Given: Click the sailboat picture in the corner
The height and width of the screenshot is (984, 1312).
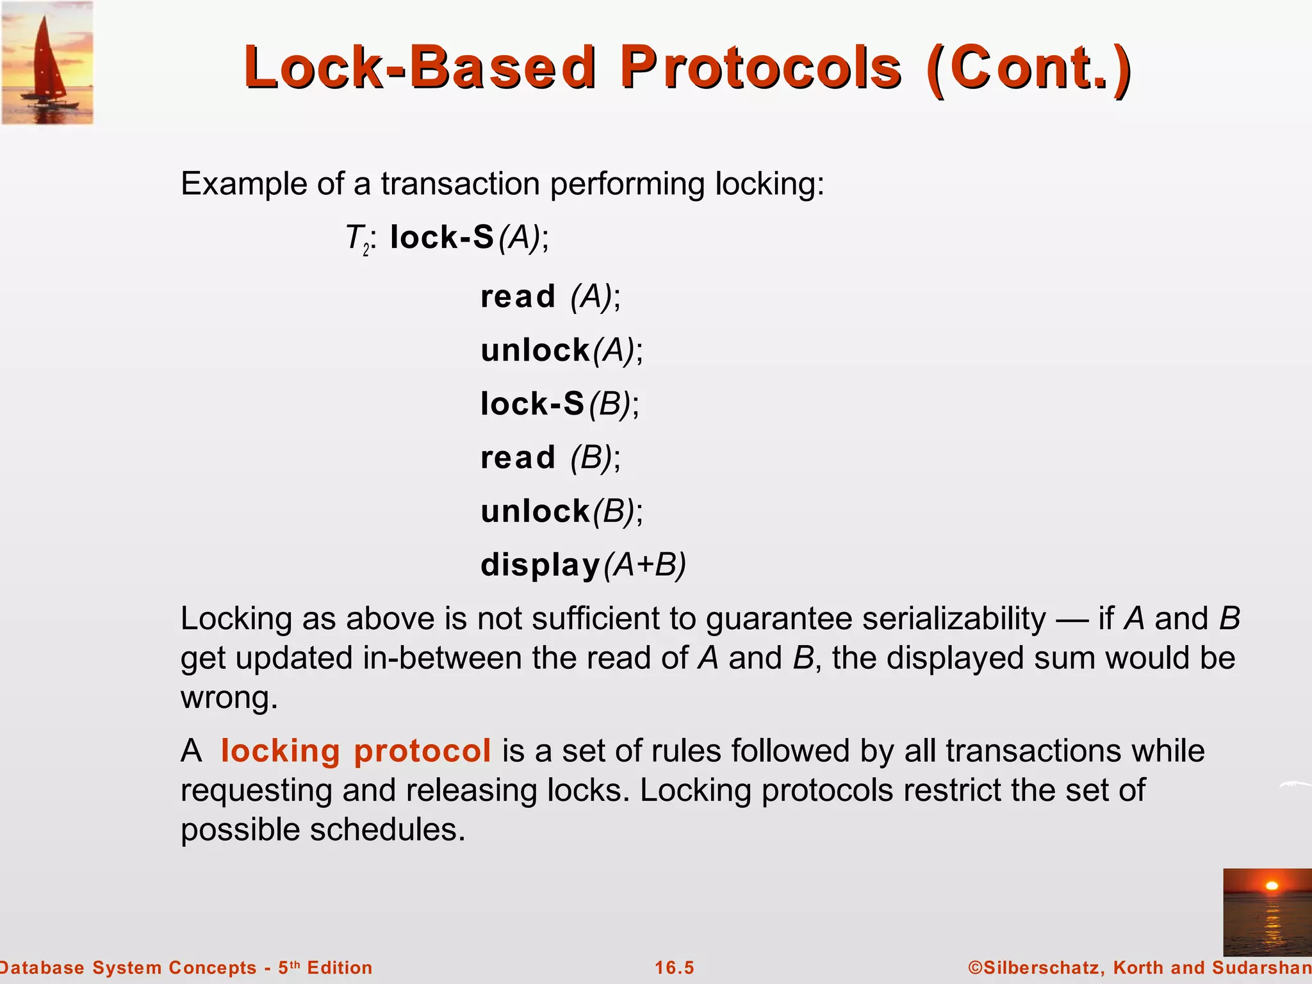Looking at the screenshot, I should point(47,63).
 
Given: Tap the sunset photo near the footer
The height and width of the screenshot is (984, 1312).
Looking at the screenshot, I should point(1267,912).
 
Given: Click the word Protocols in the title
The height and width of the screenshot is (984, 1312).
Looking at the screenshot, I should point(761,68).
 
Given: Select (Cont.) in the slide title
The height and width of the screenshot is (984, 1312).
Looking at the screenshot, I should point(1029,68).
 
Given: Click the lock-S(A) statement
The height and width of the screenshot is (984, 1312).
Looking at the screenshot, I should point(469,238).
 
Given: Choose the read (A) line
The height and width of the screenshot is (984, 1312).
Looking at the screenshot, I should point(550,297).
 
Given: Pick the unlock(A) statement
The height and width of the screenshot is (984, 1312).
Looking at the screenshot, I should point(561,350).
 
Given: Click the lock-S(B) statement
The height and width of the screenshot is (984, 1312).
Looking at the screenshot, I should point(559,404).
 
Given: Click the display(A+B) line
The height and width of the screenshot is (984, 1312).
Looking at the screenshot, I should point(583,565).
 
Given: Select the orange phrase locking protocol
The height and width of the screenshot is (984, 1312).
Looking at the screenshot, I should point(356,751).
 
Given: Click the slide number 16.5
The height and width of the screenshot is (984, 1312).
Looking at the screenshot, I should point(674,967).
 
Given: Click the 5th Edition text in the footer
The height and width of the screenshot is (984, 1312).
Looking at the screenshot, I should point(325,967).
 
